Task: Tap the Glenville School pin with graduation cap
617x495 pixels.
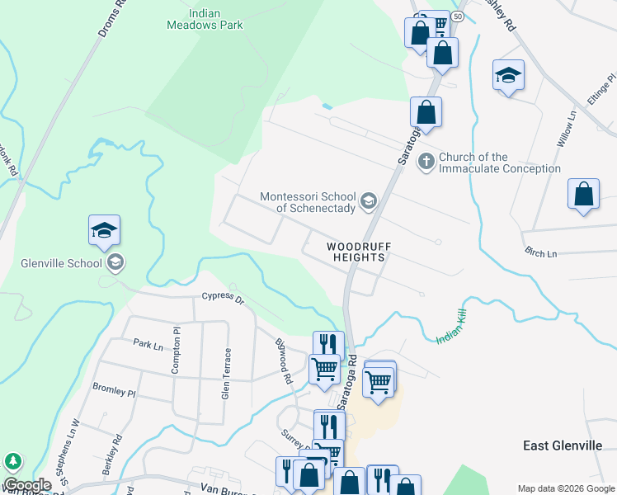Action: pyautogui.click(x=105, y=232)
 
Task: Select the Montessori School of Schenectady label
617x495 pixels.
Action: pyautogui.click(x=308, y=202)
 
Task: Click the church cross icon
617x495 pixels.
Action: pyautogui.click(x=426, y=161)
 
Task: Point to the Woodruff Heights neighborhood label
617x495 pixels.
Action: pyautogui.click(x=358, y=252)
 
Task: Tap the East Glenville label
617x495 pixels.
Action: pyautogui.click(x=568, y=445)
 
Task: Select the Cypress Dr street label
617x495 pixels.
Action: pyautogui.click(x=224, y=297)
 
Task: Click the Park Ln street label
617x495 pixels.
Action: pyautogui.click(x=148, y=343)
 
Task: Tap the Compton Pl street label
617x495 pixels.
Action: pyautogui.click(x=176, y=355)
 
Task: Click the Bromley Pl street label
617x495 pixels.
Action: pyautogui.click(x=114, y=389)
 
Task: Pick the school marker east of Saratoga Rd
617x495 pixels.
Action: pyautogui.click(x=508, y=75)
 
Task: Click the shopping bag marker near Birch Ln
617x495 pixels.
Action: pyautogui.click(x=583, y=195)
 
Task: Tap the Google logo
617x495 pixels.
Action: pyautogui.click(x=26, y=485)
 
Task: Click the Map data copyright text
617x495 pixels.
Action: pyautogui.click(x=565, y=488)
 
